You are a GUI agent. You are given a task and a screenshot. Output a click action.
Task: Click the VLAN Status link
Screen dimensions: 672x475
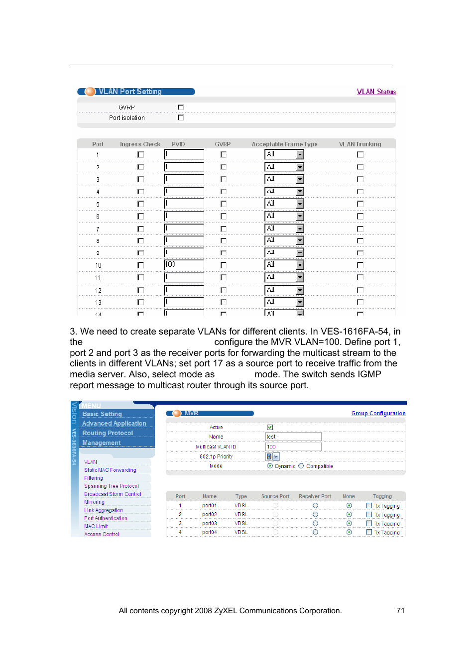pyautogui.click(x=376, y=92)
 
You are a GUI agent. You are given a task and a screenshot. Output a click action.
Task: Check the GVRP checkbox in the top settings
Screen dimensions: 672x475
pyautogui.click(x=181, y=107)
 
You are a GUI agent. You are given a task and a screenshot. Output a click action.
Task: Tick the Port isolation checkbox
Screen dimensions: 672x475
pyautogui.click(x=181, y=117)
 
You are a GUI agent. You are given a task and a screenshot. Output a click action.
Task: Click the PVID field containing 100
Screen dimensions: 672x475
pyautogui.click(x=184, y=265)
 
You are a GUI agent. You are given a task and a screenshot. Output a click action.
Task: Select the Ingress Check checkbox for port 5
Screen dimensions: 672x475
pyautogui.click(x=140, y=204)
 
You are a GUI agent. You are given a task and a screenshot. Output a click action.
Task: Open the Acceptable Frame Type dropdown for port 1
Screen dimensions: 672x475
pyautogui.click(x=300, y=155)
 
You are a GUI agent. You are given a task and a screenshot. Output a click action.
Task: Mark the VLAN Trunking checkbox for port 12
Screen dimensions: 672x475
pyautogui.click(x=360, y=290)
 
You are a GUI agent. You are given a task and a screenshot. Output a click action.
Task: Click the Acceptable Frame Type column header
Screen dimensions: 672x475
pyautogui.click(x=284, y=144)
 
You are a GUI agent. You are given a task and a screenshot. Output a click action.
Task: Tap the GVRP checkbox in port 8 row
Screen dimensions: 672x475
pyautogui.click(x=223, y=241)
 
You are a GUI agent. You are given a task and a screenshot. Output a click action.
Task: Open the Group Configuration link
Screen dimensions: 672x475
pyautogui.click(x=378, y=413)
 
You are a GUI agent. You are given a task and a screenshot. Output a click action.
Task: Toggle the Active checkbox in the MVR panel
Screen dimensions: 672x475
pyautogui.click(x=270, y=427)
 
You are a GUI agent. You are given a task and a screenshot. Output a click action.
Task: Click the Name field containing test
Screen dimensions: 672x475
pyautogui.click(x=293, y=437)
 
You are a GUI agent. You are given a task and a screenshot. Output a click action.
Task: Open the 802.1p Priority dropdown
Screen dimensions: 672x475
pyautogui.click(x=276, y=456)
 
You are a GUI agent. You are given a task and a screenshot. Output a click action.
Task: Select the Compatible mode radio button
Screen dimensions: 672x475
pyautogui.click(x=301, y=466)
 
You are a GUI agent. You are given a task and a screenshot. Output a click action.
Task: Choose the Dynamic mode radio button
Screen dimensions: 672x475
pyautogui.click(x=270, y=466)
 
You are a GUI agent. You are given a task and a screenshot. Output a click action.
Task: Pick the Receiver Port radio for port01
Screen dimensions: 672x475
pyautogui.click(x=315, y=505)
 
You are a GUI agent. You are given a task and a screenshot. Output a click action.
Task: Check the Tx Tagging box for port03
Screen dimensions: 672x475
pyautogui.click(x=369, y=523)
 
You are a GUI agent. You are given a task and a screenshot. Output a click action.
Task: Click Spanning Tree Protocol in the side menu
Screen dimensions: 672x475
pyautogui.click(x=112, y=486)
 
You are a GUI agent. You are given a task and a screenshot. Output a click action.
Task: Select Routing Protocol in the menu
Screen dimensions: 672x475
pyautogui.click(x=108, y=433)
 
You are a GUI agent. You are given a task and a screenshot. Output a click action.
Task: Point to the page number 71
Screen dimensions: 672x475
pyautogui.click(x=400, y=611)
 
